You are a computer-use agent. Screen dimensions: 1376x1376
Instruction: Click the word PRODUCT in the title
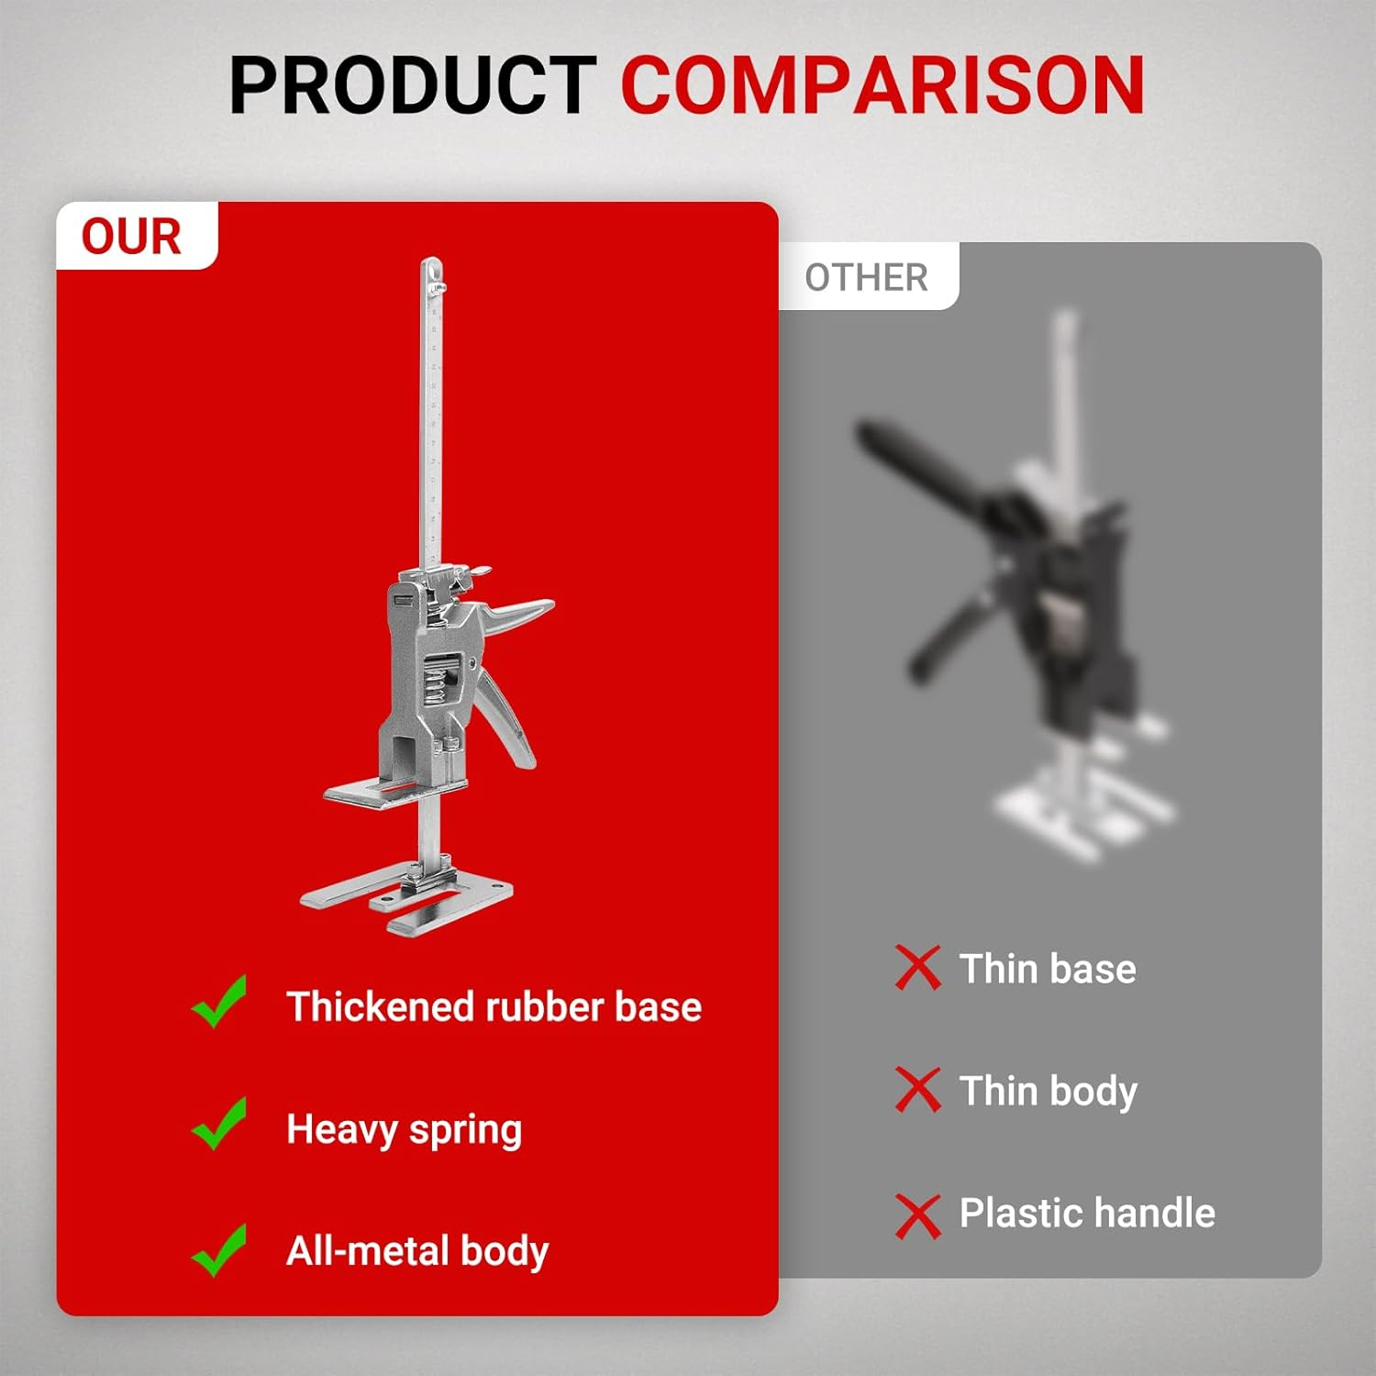tap(412, 85)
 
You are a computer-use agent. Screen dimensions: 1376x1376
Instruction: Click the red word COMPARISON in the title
tap(882, 85)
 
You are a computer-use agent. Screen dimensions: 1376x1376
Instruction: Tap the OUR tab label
tap(131, 237)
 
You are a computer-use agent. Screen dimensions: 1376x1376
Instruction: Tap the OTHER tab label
tap(866, 278)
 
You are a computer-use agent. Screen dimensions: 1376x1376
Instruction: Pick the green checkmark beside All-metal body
tap(220, 1249)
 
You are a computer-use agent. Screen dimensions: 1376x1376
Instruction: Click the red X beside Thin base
tap(917, 968)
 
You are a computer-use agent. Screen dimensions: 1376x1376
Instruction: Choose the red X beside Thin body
tap(917, 1090)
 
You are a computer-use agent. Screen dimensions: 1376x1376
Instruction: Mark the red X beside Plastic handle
tap(917, 1216)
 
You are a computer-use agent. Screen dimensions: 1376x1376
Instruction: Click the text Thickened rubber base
tap(494, 1007)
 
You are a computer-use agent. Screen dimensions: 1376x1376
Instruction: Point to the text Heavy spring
tap(404, 1130)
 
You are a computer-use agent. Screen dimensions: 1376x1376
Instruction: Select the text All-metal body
tap(417, 1251)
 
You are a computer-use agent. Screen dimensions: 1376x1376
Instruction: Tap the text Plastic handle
tap(1087, 1213)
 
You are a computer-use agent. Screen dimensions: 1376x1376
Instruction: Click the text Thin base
tap(1048, 969)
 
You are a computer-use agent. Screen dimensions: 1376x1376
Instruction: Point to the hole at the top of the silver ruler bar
tap(433, 270)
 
